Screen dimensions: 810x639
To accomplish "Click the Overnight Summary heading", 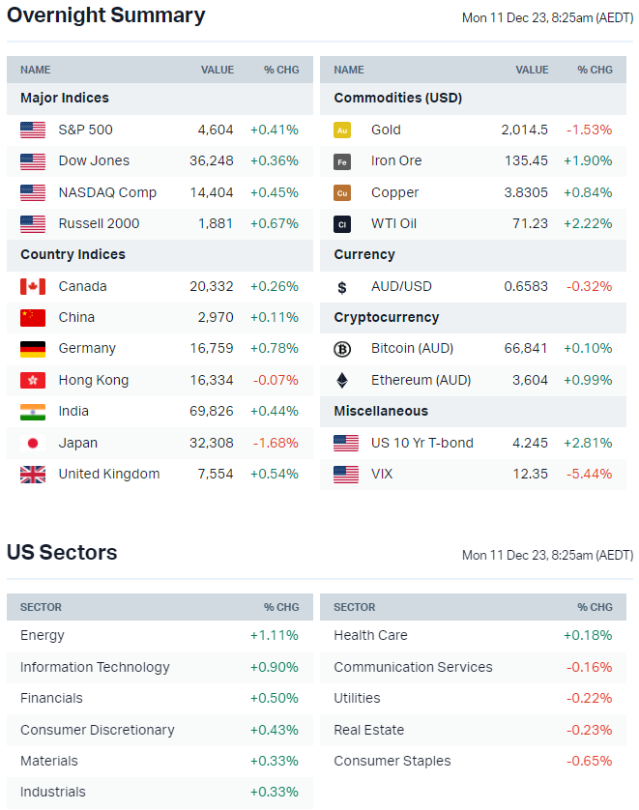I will pyautogui.click(x=106, y=15).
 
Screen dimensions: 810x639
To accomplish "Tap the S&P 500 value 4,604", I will pyautogui.click(x=216, y=130).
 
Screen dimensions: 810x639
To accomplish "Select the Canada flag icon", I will pyautogui.click(x=33, y=286).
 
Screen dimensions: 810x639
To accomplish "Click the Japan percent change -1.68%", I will pyautogui.click(x=275, y=443).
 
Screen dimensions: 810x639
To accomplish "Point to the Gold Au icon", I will pyautogui.click(x=341, y=130).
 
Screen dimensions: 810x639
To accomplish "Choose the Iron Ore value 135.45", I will pyautogui.click(x=526, y=160).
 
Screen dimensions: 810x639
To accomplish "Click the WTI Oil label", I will pyautogui.click(x=393, y=223).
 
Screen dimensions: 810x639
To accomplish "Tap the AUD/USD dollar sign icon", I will pyautogui.click(x=341, y=287).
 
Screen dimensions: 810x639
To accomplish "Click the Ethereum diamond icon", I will pyautogui.click(x=341, y=380).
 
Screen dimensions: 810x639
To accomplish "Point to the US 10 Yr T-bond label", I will pyautogui.click(x=422, y=443).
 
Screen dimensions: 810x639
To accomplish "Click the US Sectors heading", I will pyautogui.click(x=62, y=553).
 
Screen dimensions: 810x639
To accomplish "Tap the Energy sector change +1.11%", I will pyautogui.click(x=275, y=635).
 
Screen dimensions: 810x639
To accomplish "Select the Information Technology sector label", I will pyautogui.click(x=95, y=667).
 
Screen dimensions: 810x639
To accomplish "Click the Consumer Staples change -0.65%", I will pyautogui.click(x=589, y=761).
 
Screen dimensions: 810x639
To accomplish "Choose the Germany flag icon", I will pyautogui.click(x=33, y=349).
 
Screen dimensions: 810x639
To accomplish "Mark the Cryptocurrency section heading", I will pyautogui.click(x=387, y=317).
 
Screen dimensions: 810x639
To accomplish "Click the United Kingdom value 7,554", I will pyautogui.click(x=216, y=474).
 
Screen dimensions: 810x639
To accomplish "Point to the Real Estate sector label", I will pyautogui.click(x=369, y=730).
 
